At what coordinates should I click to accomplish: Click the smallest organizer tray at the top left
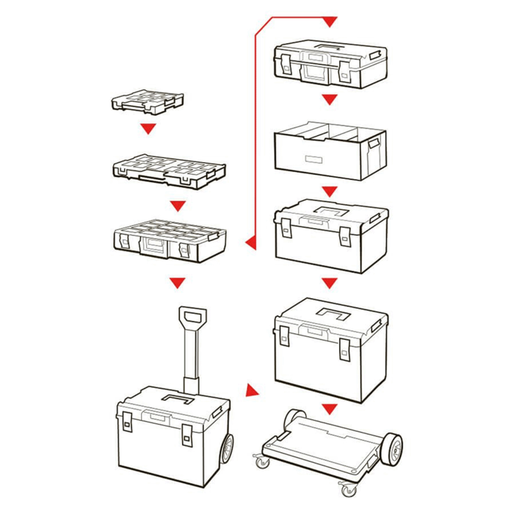[148, 101]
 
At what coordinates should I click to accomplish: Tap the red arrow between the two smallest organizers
[149, 129]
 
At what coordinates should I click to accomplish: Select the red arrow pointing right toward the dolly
[253, 390]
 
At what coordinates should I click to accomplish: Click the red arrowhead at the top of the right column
[330, 22]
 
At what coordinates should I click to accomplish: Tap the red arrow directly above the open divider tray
[330, 99]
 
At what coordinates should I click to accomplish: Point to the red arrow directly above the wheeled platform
[330, 408]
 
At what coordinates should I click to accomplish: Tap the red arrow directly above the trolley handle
[176, 282]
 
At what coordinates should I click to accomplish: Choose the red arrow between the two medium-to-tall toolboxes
[330, 283]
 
